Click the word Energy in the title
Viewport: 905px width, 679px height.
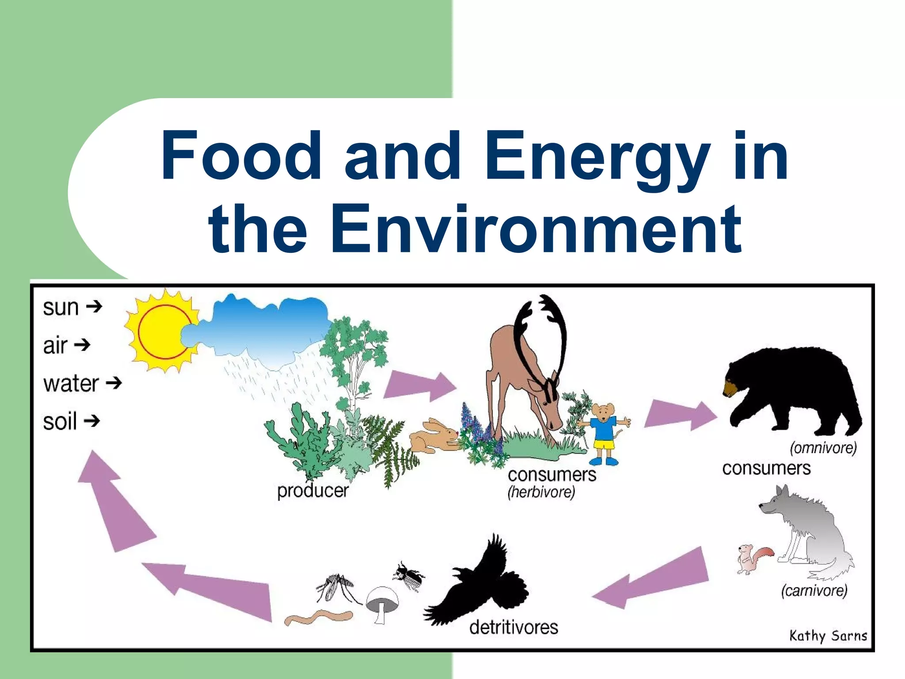pyautogui.click(x=597, y=157)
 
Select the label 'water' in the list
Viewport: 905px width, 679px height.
pyautogui.click(x=71, y=383)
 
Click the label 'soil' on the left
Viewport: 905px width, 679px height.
pyautogui.click(x=60, y=421)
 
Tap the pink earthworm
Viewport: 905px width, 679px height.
pyautogui.click(x=318, y=617)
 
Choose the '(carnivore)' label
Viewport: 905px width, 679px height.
pyautogui.click(x=814, y=590)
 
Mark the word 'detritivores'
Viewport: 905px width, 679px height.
pyautogui.click(x=513, y=627)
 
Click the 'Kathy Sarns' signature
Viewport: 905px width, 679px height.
pyautogui.click(x=828, y=636)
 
